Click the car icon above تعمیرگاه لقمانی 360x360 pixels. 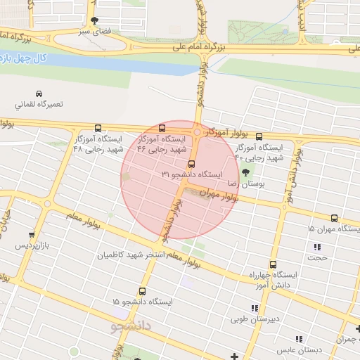pos(39,94)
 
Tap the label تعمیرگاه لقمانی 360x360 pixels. pos(39,104)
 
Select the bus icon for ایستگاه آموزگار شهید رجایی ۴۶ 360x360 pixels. pos(162,129)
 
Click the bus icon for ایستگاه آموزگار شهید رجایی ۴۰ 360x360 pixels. pos(259,136)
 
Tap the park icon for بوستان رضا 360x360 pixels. pos(245,172)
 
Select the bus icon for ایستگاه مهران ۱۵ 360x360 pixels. pos(334,219)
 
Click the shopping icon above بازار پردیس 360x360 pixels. pos(31,236)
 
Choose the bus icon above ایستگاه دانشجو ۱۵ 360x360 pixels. pos(143,291)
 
